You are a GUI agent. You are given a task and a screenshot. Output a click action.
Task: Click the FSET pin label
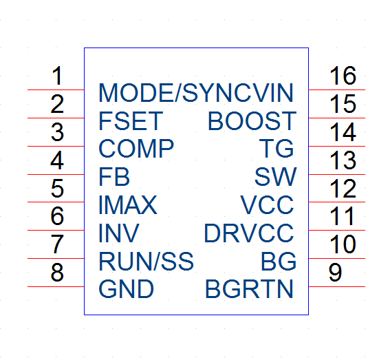click(131, 121)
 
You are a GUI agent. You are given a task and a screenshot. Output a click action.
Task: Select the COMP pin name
click(136, 149)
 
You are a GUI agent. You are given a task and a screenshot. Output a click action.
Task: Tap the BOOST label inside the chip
click(252, 121)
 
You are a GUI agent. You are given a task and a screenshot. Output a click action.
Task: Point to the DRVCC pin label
click(249, 233)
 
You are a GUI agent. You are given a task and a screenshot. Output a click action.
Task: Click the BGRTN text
click(249, 289)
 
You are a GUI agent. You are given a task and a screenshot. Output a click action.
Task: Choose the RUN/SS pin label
click(147, 262)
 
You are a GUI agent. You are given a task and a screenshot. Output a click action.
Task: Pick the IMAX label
click(128, 205)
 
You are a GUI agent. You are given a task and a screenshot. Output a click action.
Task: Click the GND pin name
click(127, 289)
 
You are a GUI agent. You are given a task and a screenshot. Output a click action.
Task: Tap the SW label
click(276, 177)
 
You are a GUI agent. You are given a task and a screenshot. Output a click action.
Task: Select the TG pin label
click(277, 149)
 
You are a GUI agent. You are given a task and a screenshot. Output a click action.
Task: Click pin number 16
click(343, 76)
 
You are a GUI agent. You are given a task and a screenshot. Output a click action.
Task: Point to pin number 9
click(335, 273)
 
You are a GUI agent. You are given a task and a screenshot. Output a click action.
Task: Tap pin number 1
click(58, 76)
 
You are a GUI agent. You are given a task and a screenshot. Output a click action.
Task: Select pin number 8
click(58, 273)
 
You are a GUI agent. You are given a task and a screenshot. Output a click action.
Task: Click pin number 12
click(343, 189)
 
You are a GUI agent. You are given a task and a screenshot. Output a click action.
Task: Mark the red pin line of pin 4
click(56, 175)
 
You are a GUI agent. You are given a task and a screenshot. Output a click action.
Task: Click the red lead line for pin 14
click(337, 147)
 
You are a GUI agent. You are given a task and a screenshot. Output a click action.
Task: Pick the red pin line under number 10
click(337, 259)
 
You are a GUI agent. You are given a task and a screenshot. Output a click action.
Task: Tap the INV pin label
click(119, 233)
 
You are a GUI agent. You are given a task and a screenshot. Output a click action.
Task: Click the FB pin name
click(114, 177)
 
